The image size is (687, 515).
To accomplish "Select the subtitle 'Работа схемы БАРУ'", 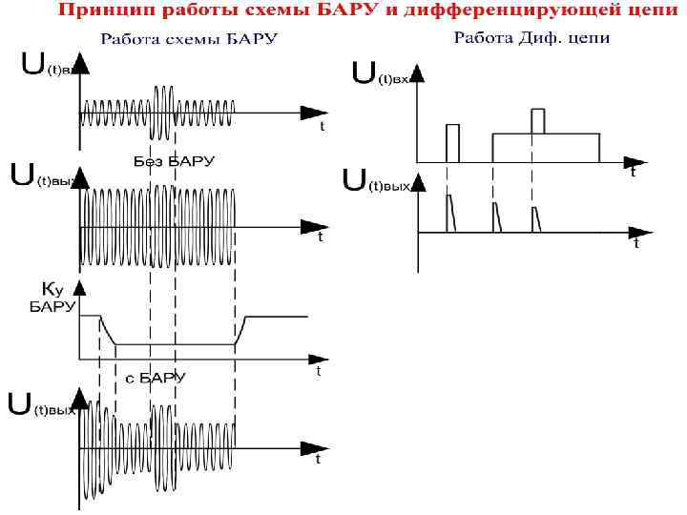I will click(x=190, y=40).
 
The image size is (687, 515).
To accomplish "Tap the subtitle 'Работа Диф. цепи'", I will click(x=531, y=39).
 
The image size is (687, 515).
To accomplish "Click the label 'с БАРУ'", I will click(x=156, y=378).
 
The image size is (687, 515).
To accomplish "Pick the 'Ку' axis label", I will click(x=52, y=287).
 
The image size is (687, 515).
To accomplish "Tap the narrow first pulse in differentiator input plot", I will click(x=452, y=142).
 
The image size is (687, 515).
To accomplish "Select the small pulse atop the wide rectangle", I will click(x=537, y=121).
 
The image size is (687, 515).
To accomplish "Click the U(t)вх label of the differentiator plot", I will click(x=381, y=75).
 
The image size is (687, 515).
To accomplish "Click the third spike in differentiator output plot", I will click(x=536, y=217).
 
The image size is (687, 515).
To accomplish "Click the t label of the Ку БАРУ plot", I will click(x=318, y=373).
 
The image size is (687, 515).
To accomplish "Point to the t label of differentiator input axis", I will click(x=633, y=174).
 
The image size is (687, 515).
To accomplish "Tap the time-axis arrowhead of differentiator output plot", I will click(x=631, y=232).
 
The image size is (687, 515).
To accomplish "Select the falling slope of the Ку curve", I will click(x=108, y=330).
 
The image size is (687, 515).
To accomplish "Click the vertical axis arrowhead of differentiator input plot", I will click(x=416, y=68).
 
